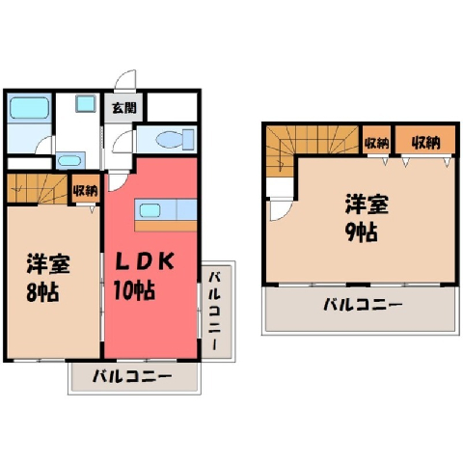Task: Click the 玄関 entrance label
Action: tap(124, 108)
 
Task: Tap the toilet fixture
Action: tap(176, 139)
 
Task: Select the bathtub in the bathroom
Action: tap(29, 108)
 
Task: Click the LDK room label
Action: tap(145, 261)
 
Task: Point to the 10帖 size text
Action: tap(134, 290)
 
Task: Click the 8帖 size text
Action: tap(42, 292)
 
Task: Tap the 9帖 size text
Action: tap(361, 231)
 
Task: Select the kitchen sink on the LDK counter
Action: tap(150, 210)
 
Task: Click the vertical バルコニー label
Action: tap(215, 311)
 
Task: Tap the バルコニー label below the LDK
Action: tap(132, 376)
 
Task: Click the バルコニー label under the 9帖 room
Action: tap(363, 304)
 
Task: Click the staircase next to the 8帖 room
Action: tap(38, 189)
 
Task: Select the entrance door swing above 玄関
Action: tap(125, 79)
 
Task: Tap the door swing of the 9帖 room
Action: tap(280, 210)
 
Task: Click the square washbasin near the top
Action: tap(86, 104)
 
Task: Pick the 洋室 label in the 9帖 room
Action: tap(367, 204)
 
